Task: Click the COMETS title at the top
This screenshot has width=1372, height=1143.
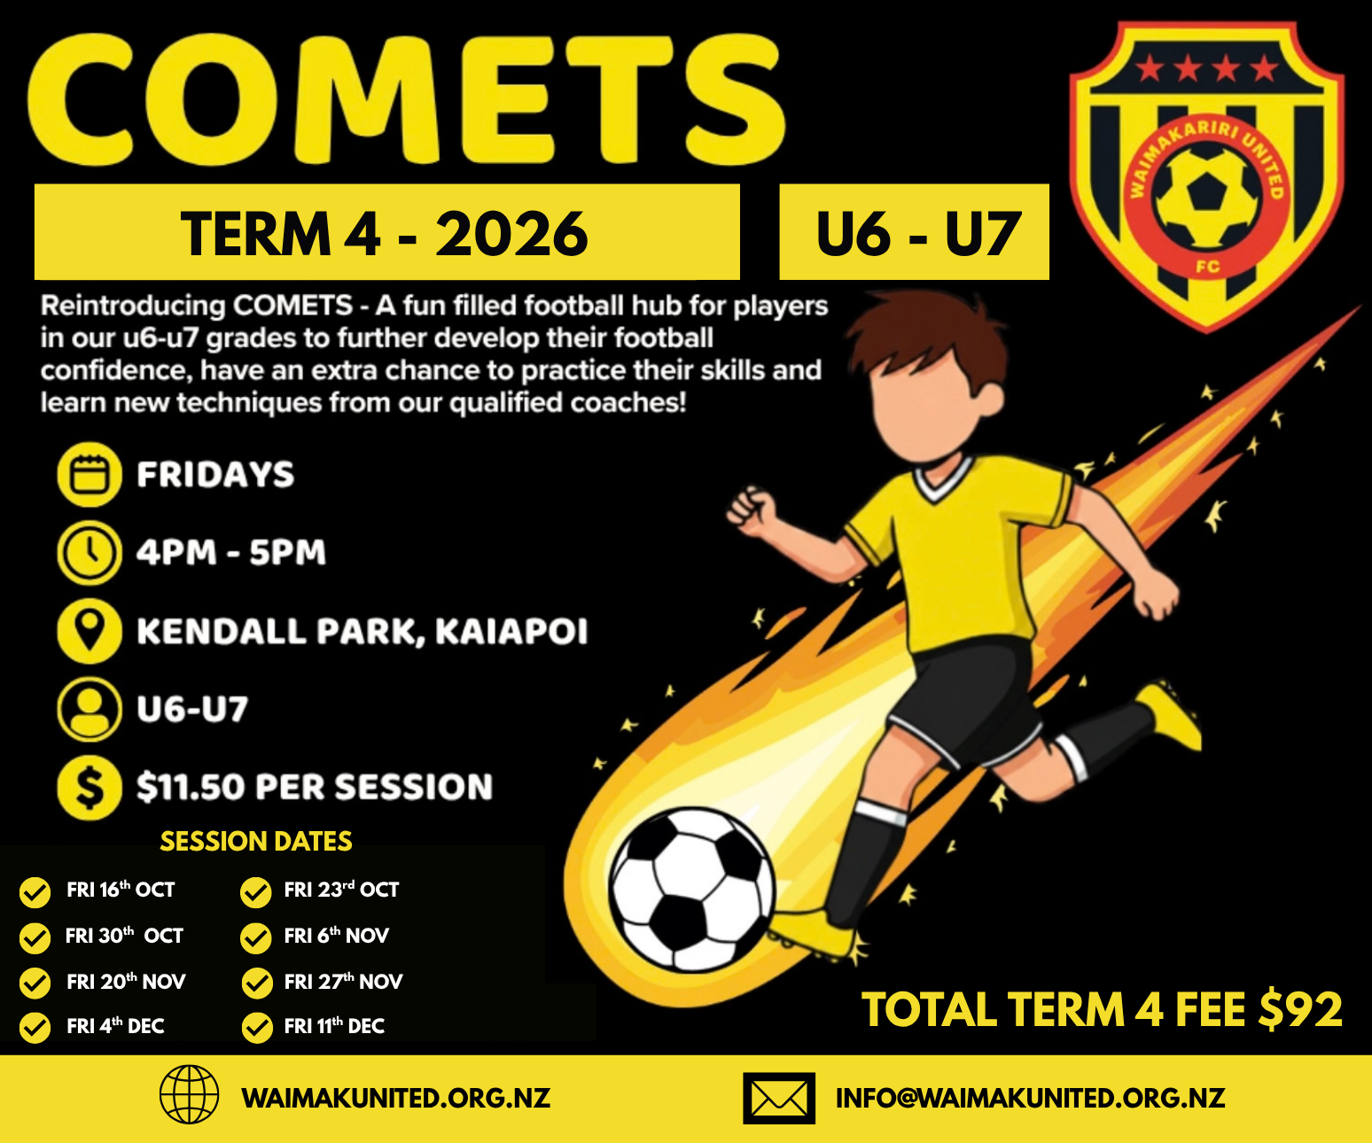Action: [x=406, y=98]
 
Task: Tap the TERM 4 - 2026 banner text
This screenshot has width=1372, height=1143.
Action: [x=385, y=234]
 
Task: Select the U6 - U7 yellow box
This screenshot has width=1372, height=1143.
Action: [x=914, y=232]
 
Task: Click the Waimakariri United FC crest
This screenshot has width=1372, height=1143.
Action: [x=1206, y=176]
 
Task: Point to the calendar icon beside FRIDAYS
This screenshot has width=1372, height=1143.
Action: [x=90, y=474]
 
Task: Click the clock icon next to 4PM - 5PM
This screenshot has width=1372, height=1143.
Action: [x=90, y=553]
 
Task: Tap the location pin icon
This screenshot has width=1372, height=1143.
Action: [x=90, y=631]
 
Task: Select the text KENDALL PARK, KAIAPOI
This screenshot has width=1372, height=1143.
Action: [x=362, y=631]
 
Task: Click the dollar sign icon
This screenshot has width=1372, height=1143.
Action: [x=90, y=787]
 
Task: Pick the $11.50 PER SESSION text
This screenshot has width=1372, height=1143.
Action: [x=315, y=787]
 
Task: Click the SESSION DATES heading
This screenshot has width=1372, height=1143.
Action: [x=256, y=842]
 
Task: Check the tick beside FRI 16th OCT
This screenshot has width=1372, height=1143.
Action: [x=35, y=892]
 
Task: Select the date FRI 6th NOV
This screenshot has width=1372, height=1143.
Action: [x=337, y=935]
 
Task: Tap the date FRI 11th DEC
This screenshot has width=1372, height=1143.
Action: [x=334, y=1025]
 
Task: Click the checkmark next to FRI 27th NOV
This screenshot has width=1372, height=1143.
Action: [x=257, y=984]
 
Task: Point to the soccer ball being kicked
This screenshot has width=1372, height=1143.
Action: [x=692, y=890]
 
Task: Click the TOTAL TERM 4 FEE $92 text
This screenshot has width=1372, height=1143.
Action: [x=1102, y=1009]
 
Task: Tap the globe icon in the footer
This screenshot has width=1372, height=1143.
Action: [x=190, y=1094]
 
